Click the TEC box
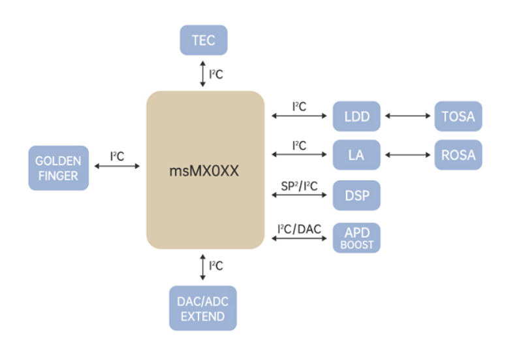click(203, 41)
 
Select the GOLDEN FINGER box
click(58, 168)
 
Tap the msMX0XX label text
click(205, 171)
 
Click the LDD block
click(356, 117)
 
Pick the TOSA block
click(458, 117)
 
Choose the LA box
click(356, 155)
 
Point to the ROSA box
click(458, 155)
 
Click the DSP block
click(356, 195)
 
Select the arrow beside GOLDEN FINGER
click(117, 167)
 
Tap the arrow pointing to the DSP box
click(298, 195)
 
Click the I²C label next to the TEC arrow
click(216, 74)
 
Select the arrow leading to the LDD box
click(298, 117)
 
